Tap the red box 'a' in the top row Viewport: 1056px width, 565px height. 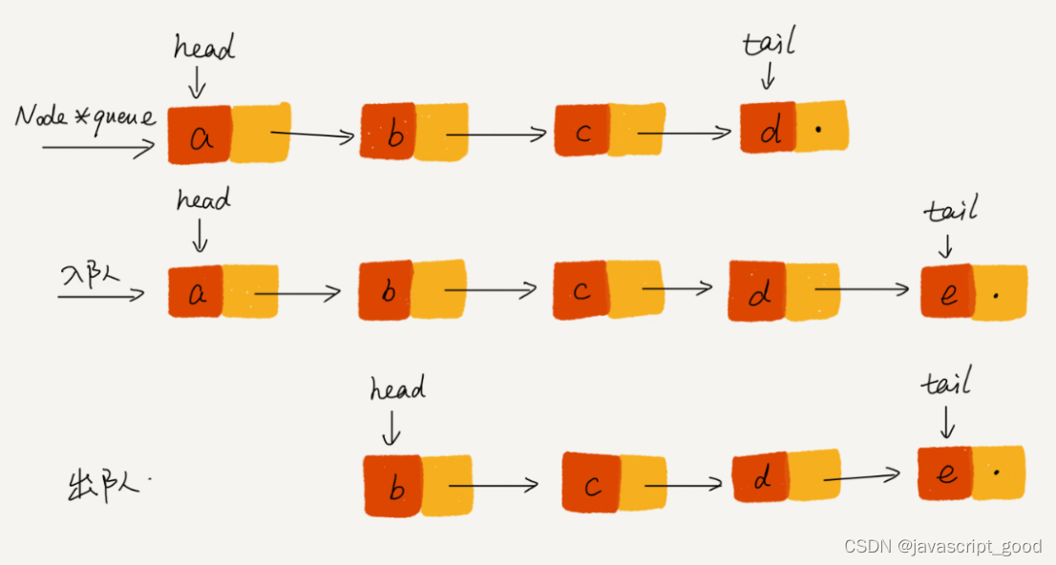pyautogui.click(x=201, y=135)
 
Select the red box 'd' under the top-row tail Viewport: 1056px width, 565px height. pyautogui.click(x=768, y=128)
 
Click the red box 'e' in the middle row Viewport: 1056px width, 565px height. pyautogui.click(x=946, y=291)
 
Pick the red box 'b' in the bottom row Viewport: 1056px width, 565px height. pyautogui.click(x=392, y=486)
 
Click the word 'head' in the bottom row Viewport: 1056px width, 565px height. pyautogui.click(x=397, y=388)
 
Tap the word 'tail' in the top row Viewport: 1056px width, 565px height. pyautogui.click(x=769, y=43)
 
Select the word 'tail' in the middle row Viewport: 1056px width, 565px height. pyautogui.click(x=950, y=210)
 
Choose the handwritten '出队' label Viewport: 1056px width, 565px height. pyautogui.click(x=105, y=485)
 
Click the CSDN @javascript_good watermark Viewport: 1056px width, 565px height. pyautogui.click(x=943, y=546)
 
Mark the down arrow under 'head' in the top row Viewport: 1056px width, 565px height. pyautogui.click(x=197, y=82)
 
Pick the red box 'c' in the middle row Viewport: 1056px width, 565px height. pyautogui.click(x=580, y=290)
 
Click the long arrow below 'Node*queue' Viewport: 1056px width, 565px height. pyautogui.click(x=97, y=148)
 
